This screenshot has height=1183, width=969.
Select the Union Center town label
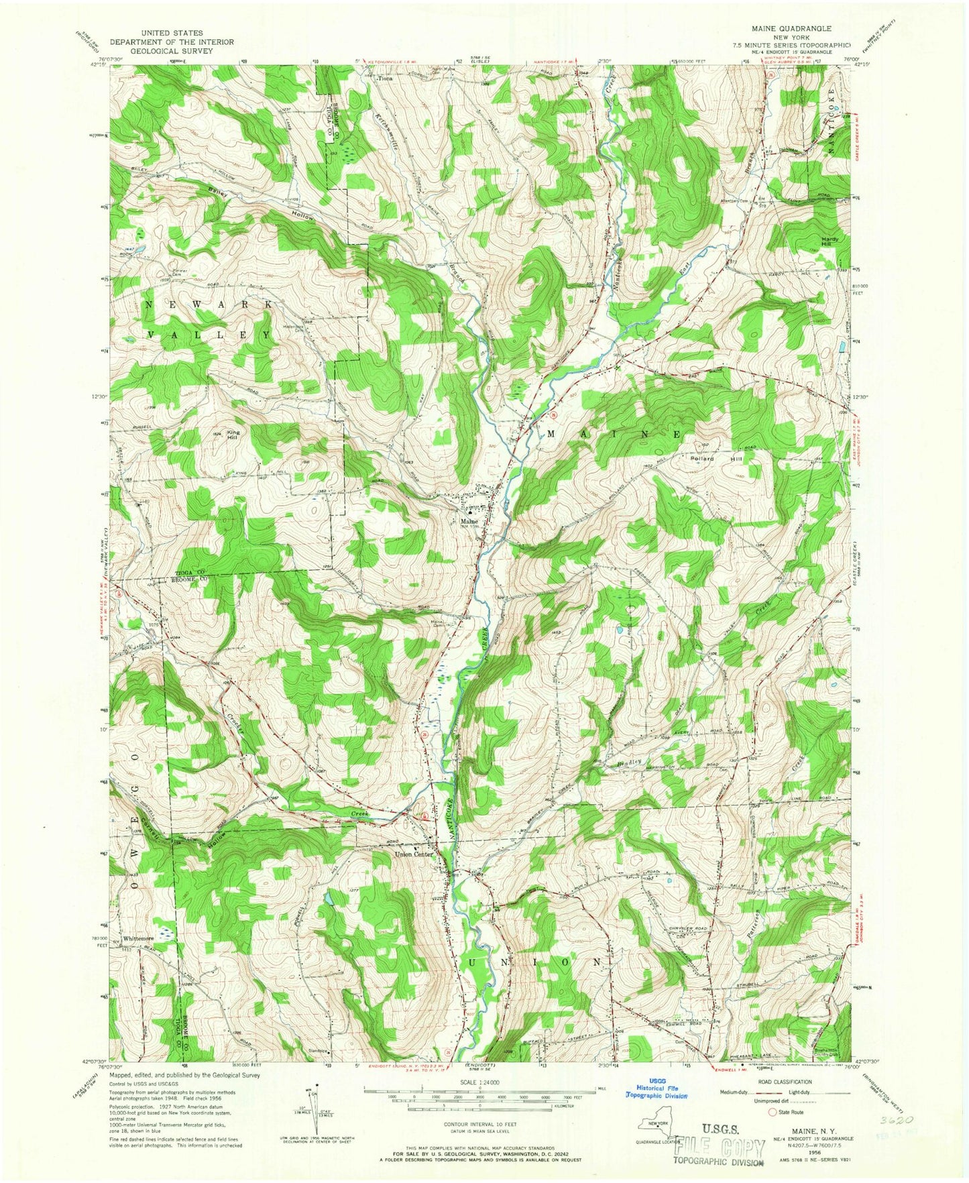(x=413, y=854)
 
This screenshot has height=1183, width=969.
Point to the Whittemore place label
(x=138, y=938)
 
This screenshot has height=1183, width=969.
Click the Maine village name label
(x=469, y=521)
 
